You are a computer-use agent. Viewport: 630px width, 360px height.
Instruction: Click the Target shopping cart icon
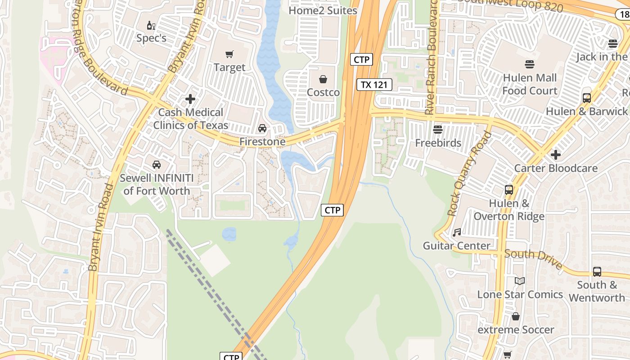(x=229, y=54)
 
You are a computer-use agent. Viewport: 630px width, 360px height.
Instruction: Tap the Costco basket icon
(x=323, y=80)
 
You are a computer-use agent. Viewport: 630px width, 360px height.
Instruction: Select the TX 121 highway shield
(x=374, y=84)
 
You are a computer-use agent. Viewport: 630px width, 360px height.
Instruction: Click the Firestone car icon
(x=262, y=129)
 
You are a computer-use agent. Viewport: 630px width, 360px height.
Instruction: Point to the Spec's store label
(x=151, y=38)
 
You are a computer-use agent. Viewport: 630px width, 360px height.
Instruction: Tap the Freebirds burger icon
(x=438, y=130)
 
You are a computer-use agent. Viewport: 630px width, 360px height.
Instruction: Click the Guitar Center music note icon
(x=457, y=233)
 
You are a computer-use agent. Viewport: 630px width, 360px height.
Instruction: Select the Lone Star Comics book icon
(x=520, y=281)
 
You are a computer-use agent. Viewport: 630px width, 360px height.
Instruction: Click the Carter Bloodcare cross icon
(x=556, y=155)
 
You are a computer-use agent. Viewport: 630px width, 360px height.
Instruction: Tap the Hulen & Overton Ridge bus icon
(x=509, y=190)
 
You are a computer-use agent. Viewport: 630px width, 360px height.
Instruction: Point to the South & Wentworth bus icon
(x=597, y=272)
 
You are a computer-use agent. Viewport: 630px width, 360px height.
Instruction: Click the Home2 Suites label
(x=323, y=10)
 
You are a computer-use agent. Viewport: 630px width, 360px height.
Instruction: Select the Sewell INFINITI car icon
(x=157, y=165)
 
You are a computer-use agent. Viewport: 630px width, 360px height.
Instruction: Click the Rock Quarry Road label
(x=469, y=174)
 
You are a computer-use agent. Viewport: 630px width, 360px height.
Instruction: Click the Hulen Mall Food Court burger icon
(x=530, y=64)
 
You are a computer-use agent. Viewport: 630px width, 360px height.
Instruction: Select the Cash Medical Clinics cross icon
(x=190, y=99)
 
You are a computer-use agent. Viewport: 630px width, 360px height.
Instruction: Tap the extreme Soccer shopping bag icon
(x=516, y=317)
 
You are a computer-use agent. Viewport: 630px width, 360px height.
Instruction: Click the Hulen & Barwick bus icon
(x=586, y=98)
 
